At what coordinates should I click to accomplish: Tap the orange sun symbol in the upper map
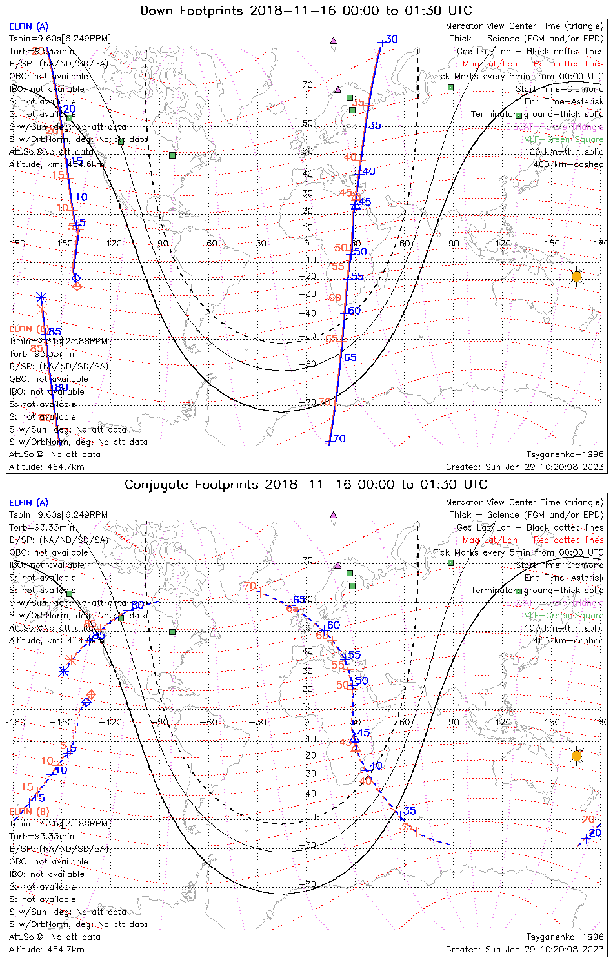coord(576,277)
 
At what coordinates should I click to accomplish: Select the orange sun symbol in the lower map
coord(576,755)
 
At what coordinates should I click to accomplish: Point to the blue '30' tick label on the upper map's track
coord(391,39)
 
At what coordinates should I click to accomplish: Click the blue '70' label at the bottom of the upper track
coord(339,439)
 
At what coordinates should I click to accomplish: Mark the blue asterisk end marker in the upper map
coord(41,298)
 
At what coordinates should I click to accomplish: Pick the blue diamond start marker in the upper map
coord(76,277)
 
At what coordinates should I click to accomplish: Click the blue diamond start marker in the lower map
coord(86,702)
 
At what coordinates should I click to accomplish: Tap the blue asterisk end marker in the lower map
coord(63,670)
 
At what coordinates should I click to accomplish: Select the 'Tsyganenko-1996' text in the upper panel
coord(565,454)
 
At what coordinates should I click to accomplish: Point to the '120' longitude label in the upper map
coord(503,244)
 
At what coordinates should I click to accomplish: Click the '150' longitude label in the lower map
coord(552,722)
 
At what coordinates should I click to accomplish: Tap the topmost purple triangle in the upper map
coord(334,40)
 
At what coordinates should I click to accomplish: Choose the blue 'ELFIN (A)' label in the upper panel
coord(28,26)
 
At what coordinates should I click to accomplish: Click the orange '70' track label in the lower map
coord(250,586)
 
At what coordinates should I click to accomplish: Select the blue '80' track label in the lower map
coord(137,605)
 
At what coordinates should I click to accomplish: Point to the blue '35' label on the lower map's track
coord(409,811)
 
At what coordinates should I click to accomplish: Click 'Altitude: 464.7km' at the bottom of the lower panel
coord(46,950)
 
